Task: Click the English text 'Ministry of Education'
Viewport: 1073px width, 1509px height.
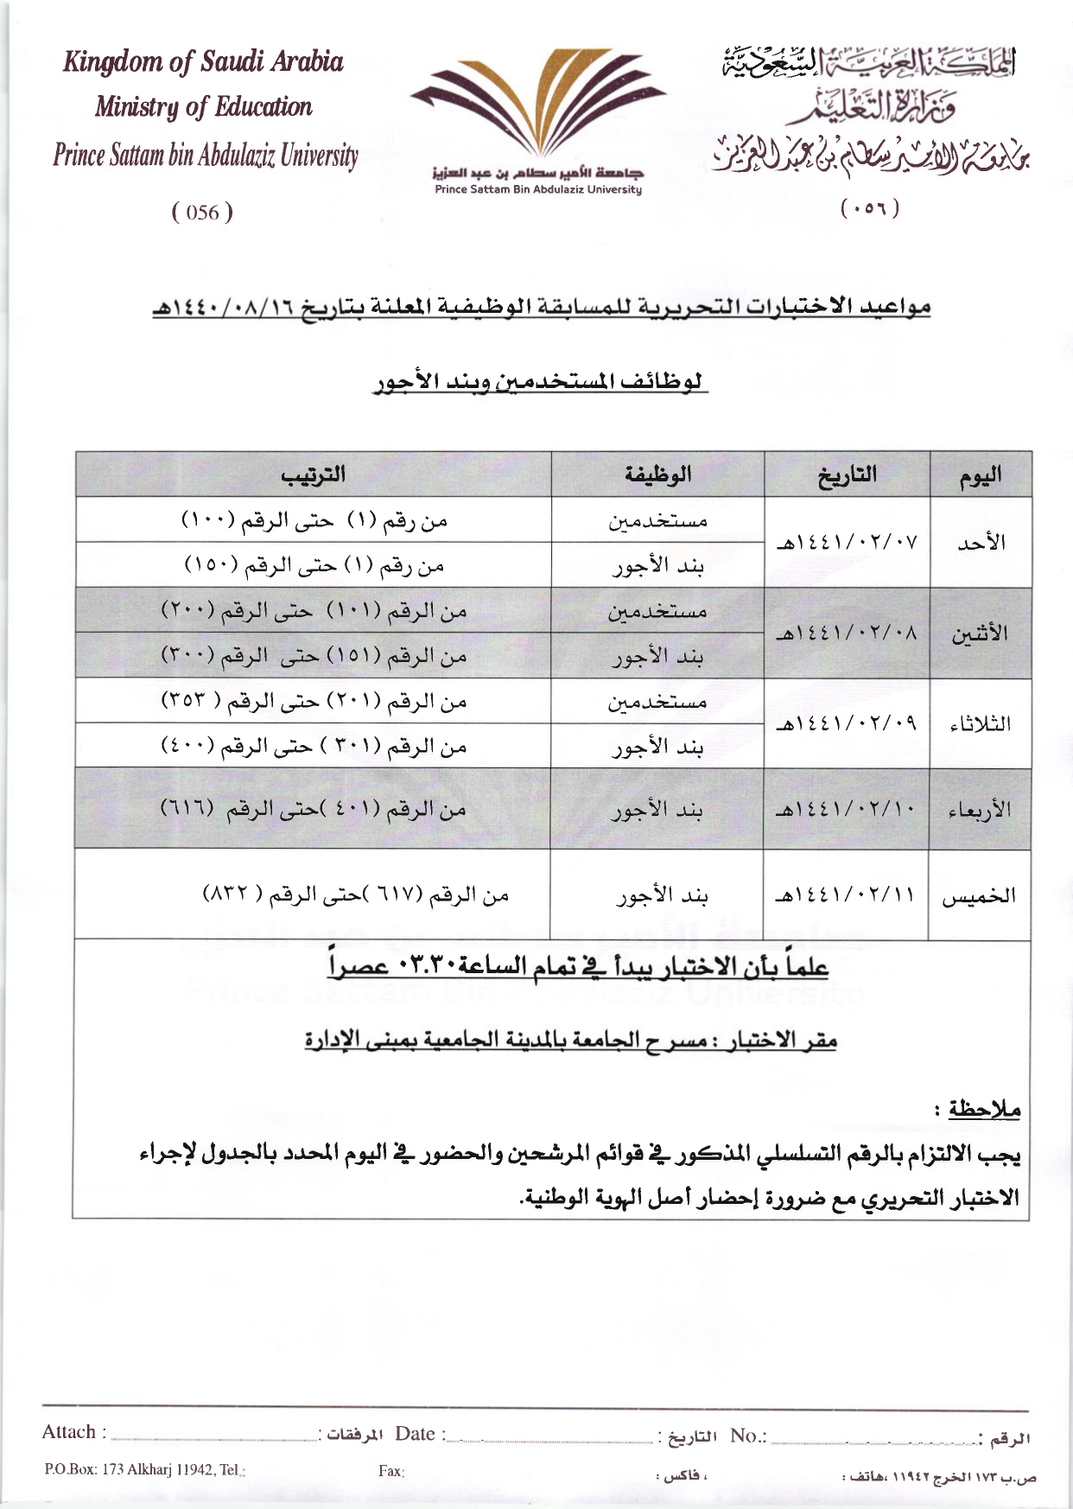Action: coord(203,107)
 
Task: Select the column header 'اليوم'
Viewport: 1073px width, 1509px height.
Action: coord(981,474)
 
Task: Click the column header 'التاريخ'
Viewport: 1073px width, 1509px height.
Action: coord(847,474)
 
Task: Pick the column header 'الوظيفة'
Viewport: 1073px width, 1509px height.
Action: coord(658,474)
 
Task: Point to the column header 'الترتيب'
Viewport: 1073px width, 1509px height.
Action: coord(314,474)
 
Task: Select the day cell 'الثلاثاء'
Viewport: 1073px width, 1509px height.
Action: coord(980,723)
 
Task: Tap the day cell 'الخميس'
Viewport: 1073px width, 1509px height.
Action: coord(980,895)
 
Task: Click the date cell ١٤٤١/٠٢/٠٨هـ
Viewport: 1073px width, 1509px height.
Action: coord(847,634)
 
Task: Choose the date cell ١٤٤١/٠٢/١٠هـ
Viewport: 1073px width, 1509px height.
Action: coord(847,810)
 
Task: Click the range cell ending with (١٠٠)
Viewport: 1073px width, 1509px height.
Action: coord(314,520)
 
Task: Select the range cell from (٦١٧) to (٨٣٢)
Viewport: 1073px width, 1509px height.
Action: coord(355,895)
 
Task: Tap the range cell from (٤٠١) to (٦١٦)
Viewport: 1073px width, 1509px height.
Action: coord(314,809)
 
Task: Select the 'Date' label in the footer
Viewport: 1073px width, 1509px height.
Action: coord(416,1434)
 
